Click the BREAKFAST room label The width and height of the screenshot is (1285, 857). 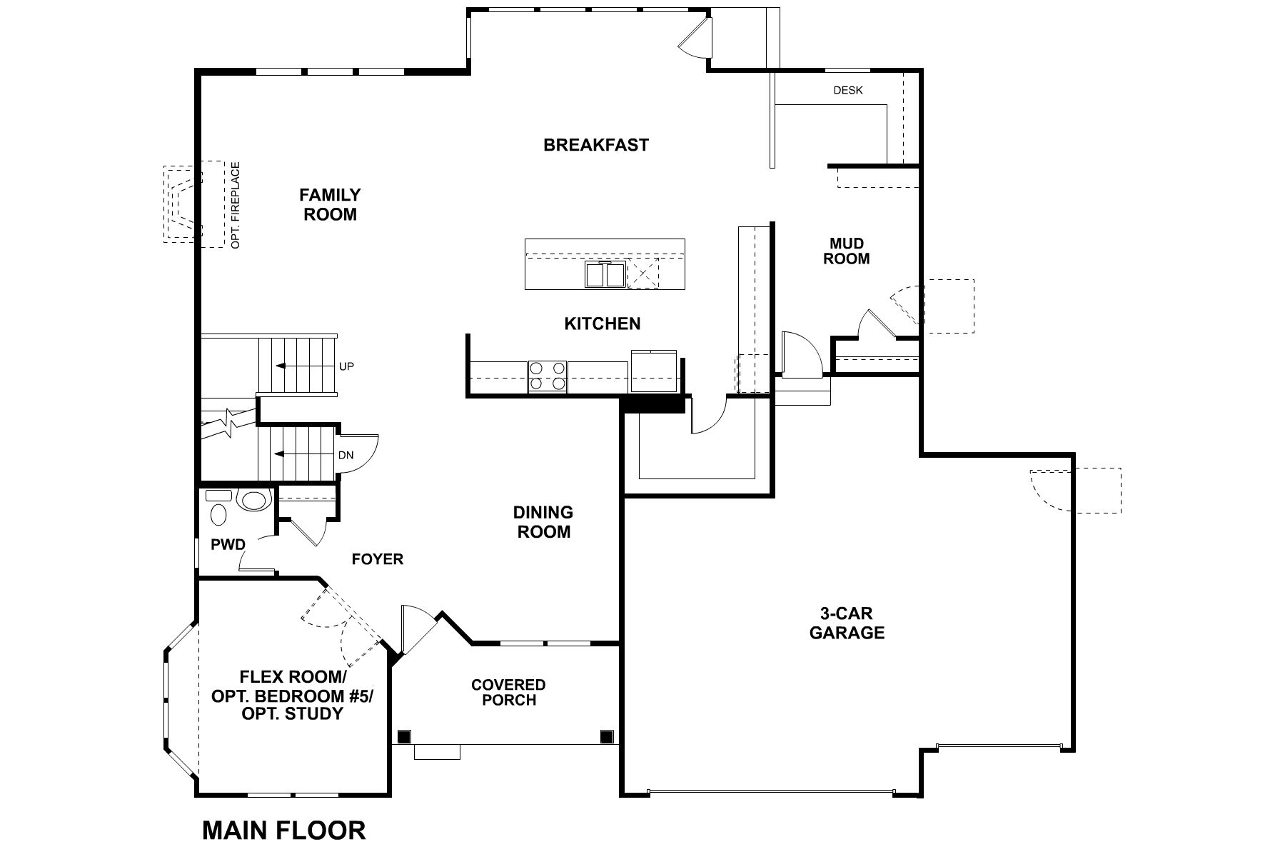(596, 145)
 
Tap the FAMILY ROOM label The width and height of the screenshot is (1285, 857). (330, 204)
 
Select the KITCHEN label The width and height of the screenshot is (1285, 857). (603, 324)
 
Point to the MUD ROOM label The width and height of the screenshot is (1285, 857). (847, 251)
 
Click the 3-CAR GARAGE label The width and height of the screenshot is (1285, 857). (847, 623)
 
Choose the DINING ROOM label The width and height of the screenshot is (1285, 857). (543, 522)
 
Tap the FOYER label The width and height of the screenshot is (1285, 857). (378, 559)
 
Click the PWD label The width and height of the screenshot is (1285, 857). (228, 545)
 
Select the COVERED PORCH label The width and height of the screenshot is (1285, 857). (508, 692)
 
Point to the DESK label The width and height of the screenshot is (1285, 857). (848, 91)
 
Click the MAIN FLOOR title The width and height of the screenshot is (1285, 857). (284, 831)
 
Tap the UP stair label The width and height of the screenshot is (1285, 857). (347, 366)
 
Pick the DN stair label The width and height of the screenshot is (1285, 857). (346, 455)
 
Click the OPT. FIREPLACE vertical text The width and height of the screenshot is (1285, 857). (236, 206)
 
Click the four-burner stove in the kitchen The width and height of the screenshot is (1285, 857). (548, 376)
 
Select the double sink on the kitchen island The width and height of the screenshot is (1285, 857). (605, 275)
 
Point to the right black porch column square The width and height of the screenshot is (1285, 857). (607, 736)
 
